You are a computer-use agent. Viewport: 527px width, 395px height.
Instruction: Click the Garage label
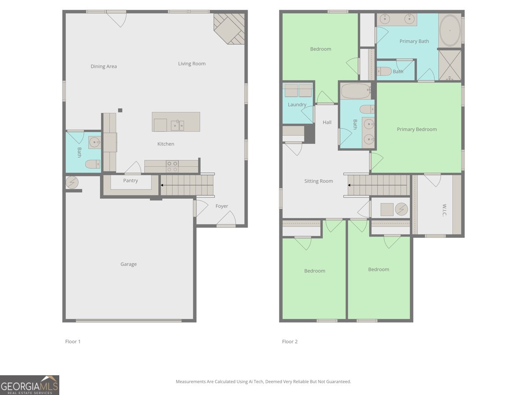coord(128,264)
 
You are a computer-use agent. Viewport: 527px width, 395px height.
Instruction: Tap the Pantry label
coord(130,180)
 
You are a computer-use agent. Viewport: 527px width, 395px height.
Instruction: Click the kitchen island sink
coord(178,125)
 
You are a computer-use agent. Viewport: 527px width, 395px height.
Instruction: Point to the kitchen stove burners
coord(172,166)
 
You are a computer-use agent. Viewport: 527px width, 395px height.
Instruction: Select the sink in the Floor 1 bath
coord(94,142)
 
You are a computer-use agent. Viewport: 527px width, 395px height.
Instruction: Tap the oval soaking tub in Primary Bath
coord(449,31)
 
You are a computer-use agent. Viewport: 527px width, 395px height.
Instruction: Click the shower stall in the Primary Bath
coord(450,65)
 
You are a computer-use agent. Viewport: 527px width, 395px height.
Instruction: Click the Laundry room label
coord(297,104)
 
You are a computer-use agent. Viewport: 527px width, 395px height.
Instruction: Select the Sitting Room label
coord(318,181)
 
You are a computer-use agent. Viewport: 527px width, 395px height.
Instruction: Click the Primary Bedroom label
coord(417,129)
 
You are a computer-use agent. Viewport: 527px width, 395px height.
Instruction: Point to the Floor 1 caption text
coord(73,341)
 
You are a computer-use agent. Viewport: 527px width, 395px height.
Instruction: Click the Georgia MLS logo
coord(29,385)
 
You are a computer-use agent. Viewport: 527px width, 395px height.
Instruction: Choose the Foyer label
coord(221,206)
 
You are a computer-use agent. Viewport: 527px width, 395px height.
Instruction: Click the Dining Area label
coord(104,66)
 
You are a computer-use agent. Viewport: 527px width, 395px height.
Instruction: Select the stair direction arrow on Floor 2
coord(350,185)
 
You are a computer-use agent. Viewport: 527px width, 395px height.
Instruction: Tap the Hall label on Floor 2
coord(327,122)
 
